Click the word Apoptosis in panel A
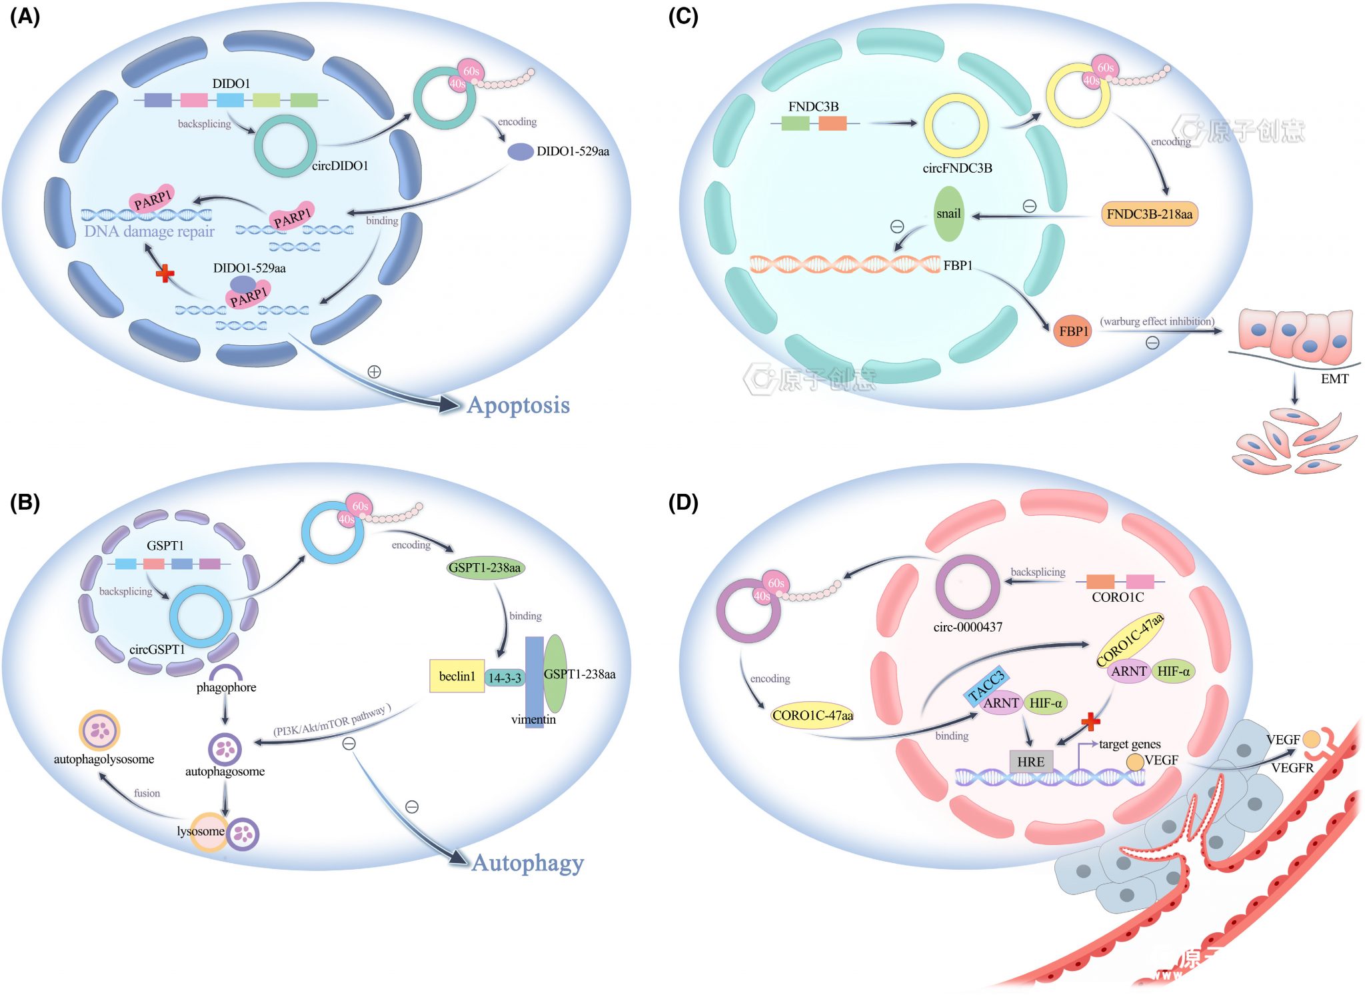coord(519,405)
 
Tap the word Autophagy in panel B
coord(527,862)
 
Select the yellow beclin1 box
coord(457,676)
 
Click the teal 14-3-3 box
coord(505,678)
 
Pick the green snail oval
coord(948,213)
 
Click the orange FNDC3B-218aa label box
coord(1149,214)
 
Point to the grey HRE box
coord(1030,761)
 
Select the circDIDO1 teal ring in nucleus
coord(285,146)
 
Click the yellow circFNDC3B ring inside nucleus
coord(955,125)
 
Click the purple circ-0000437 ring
coord(967,586)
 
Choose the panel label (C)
coord(682,16)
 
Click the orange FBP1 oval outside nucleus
coord(1073,331)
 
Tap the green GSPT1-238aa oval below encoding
coord(485,568)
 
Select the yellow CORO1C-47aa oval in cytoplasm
coord(812,715)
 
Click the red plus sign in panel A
coord(165,273)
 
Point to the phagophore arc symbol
coord(226,672)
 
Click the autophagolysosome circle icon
coord(99,730)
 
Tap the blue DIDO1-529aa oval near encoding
coord(520,151)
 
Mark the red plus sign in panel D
coord(1090,721)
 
